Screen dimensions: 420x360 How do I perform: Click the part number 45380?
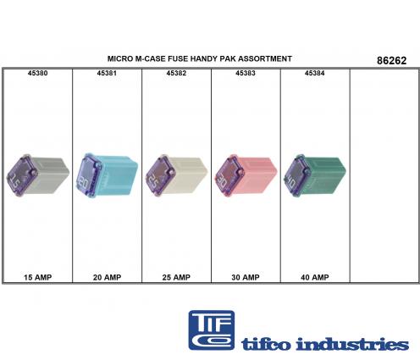pyautogui.click(x=37, y=73)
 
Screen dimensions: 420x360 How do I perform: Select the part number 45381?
pyautogui.click(x=107, y=73)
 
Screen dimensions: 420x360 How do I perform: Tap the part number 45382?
pyautogui.click(x=176, y=73)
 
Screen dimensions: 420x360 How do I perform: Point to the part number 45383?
pyautogui.click(x=246, y=73)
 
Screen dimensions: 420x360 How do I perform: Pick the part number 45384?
pyautogui.click(x=315, y=73)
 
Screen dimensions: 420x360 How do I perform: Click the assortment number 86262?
pyautogui.click(x=392, y=60)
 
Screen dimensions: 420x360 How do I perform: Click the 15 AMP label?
pyautogui.click(x=37, y=277)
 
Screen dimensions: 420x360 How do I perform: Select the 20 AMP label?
pyautogui.click(x=107, y=277)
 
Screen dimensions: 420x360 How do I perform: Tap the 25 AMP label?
pyautogui.click(x=176, y=277)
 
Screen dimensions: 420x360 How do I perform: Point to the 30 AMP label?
pyautogui.click(x=246, y=277)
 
